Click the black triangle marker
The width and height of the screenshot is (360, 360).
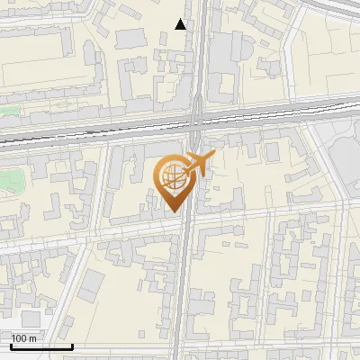182,24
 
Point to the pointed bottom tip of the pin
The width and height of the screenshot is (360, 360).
174,211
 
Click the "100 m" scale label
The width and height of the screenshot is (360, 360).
24,337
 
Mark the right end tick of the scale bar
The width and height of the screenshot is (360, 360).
72,345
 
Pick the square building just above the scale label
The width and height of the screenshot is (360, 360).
31,319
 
